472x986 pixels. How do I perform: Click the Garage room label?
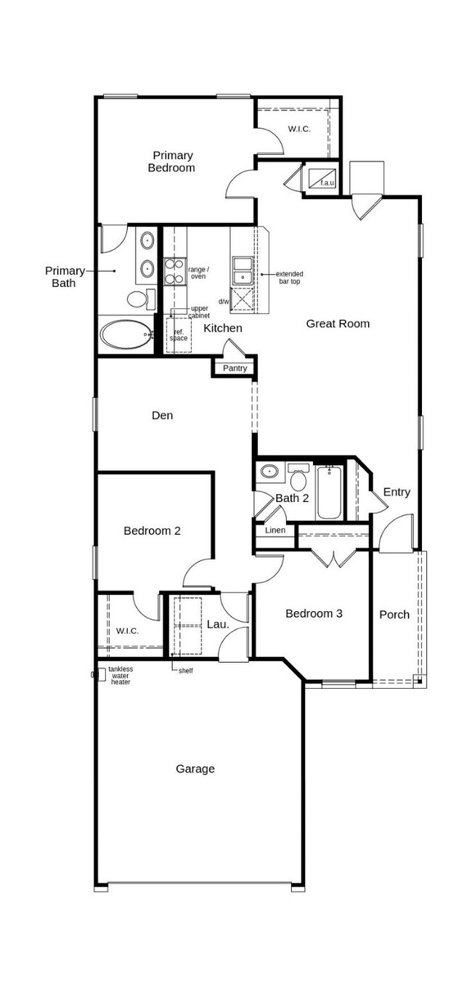(x=195, y=769)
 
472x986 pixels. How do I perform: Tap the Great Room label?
(x=338, y=324)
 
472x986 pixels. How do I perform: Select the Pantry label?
(x=235, y=368)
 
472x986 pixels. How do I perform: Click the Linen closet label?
(x=275, y=530)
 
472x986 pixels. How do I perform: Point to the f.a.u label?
(x=327, y=182)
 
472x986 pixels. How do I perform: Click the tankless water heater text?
(x=121, y=676)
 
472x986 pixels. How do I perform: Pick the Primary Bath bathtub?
(x=125, y=335)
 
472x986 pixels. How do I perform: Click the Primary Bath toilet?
(x=138, y=299)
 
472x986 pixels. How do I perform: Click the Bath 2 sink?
(x=269, y=472)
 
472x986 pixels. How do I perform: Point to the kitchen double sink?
(x=242, y=271)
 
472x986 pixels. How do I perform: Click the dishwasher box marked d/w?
(x=242, y=299)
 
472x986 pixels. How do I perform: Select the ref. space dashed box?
(x=178, y=335)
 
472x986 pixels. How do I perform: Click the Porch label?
(x=394, y=615)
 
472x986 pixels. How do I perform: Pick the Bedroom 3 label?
(x=314, y=614)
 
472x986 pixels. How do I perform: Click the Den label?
(x=162, y=416)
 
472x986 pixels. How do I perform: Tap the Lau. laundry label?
(x=218, y=623)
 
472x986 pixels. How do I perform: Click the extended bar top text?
(x=289, y=278)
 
